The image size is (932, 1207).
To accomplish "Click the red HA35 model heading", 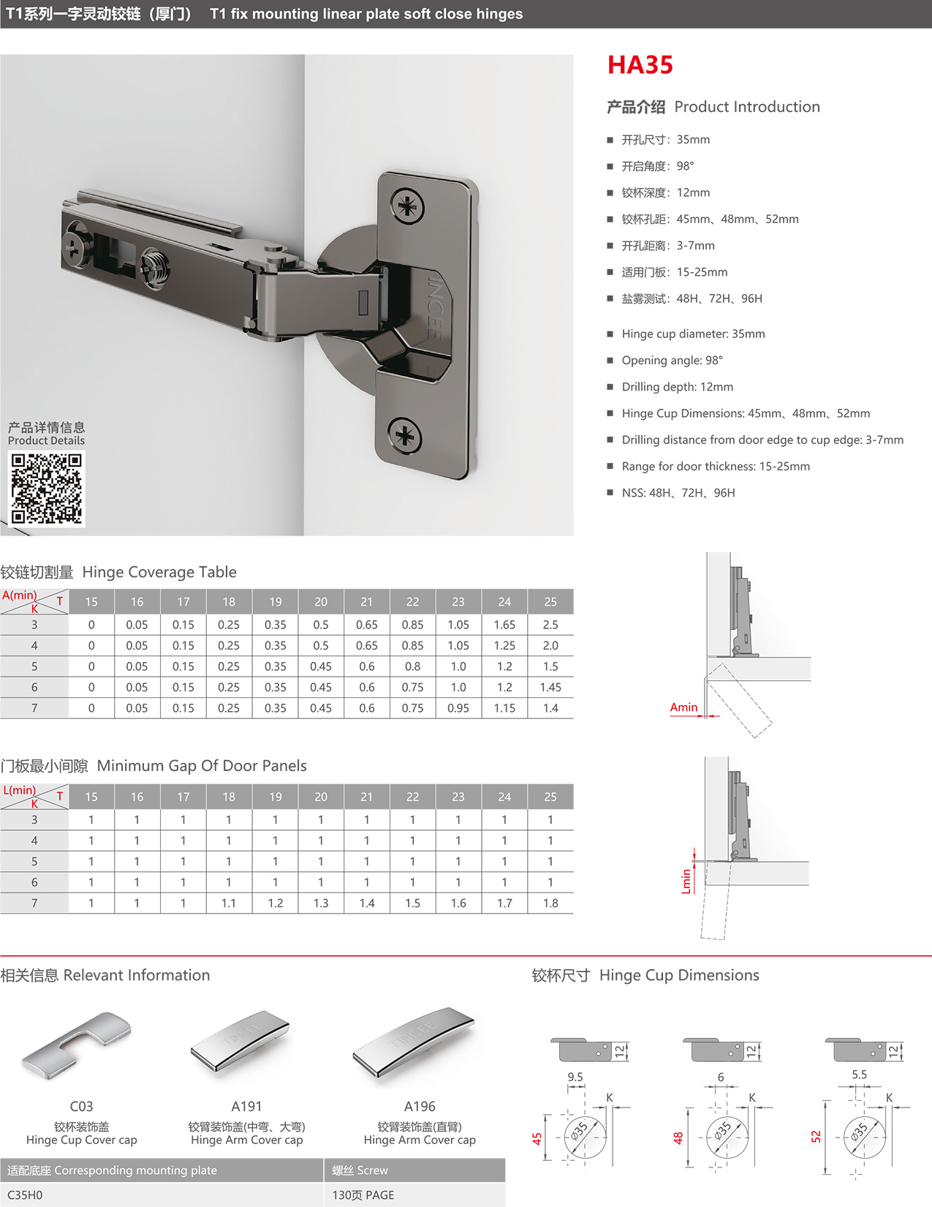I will [x=640, y=65].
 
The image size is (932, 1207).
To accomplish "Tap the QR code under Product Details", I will [x=47, y=488].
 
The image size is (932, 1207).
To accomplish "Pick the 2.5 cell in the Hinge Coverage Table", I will [x=550, y=625].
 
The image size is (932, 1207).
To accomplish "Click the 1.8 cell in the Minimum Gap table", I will [x=550, y=903].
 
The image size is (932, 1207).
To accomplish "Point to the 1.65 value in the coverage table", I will [x=504, y=625].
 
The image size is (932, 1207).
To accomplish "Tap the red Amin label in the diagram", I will [x=683, y=707].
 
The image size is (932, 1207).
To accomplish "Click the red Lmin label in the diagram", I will [x=686, y=881].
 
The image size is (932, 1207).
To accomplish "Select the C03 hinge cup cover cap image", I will [x=77, y=1046].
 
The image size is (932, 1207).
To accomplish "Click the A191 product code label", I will [x=246, y=1107].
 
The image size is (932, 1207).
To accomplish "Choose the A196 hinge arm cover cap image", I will [x=414, y=1046].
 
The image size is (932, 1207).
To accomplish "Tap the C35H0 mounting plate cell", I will [x=25, y=1195].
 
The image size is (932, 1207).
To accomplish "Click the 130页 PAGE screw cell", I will [x=363, y=1195].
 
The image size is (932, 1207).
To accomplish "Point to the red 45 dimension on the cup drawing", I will [x=537, y=1139].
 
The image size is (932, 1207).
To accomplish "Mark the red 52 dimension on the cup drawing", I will [x=817, y=1137].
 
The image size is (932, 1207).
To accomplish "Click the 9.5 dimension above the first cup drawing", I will [x=575, y=1077].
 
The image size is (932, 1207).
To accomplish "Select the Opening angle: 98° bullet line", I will [x=672, y=361].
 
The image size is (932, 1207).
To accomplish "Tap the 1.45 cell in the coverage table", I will [x=550, y=688].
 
